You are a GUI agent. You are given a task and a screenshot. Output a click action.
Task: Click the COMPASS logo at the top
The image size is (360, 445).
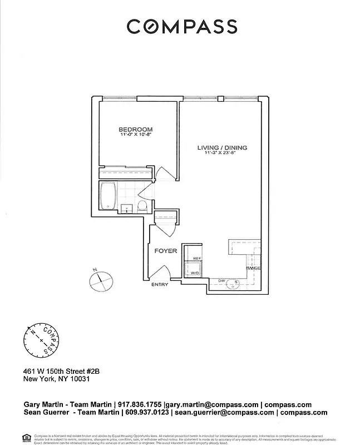point(181,26)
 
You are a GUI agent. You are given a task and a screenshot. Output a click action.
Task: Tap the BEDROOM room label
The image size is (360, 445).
point(135,129)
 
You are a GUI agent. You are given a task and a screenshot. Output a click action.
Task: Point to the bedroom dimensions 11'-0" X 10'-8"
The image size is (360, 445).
point(135,135)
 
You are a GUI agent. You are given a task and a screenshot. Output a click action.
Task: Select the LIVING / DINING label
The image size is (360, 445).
point(222,147)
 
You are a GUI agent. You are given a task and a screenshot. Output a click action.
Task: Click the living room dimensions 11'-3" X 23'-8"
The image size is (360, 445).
point(222,154)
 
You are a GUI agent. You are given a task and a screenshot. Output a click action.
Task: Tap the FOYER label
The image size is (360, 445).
point(166,251)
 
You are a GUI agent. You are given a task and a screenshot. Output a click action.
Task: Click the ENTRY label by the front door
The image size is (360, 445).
point(160,285)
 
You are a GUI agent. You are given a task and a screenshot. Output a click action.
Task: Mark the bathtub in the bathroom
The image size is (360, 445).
point(108,197)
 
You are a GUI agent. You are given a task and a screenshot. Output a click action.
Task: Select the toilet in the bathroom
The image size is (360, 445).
point(142,207)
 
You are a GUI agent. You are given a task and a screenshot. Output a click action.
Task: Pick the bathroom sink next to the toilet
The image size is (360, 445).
point(127,209)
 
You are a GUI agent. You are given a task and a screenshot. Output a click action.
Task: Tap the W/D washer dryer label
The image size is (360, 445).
point(195,274)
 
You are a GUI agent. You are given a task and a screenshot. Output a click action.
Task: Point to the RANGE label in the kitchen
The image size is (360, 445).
point(253,269)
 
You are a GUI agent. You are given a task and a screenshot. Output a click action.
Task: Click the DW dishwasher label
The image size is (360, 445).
point(221,281)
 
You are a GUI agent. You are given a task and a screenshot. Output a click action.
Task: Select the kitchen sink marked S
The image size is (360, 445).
point(236,282)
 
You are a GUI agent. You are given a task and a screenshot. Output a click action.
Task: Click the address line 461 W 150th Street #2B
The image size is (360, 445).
point(61,370)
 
